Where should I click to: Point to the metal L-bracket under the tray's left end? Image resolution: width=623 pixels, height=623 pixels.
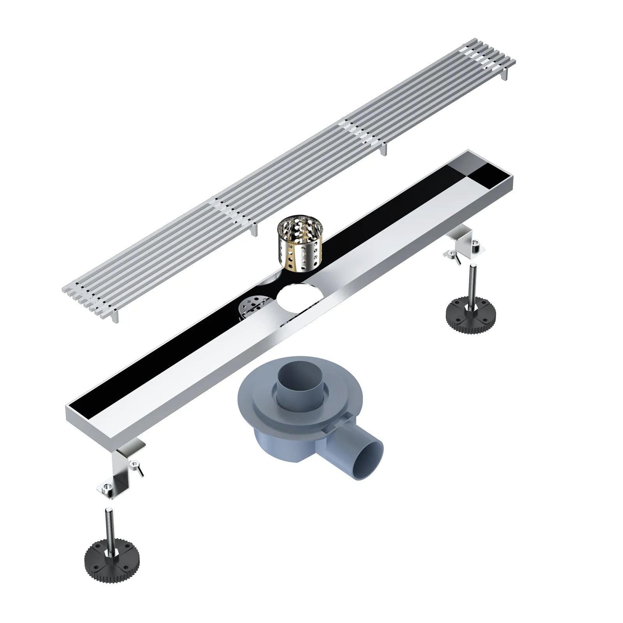pos(125,467)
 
